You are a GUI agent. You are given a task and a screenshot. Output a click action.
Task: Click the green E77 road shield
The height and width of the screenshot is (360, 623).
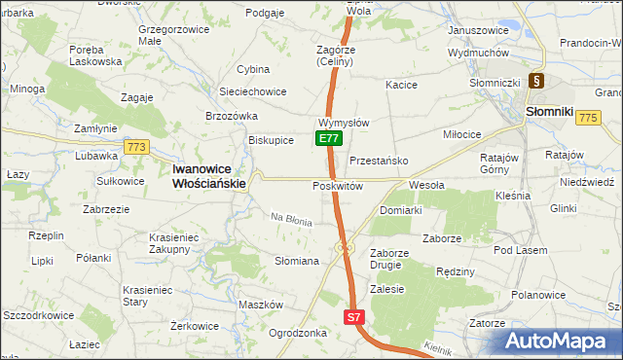coord(328,139)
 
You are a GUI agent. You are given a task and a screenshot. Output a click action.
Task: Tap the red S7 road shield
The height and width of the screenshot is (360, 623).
coord(354,317)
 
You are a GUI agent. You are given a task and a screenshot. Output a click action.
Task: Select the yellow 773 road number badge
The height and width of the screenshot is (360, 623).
coord(135,147)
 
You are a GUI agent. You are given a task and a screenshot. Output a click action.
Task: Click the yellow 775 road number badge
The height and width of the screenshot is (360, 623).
coord(586,117)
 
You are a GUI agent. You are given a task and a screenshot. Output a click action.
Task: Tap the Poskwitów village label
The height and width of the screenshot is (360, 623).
coord(337,186)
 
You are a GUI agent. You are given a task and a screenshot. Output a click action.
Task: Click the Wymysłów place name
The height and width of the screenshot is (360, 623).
coord(343,124)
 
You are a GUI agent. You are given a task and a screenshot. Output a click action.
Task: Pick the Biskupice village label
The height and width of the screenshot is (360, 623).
coord(271,140)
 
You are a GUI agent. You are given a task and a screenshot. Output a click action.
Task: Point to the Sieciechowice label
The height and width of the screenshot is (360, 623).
coord(252,91)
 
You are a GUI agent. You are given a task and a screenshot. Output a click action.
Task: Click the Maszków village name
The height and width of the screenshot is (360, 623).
coord(260,305)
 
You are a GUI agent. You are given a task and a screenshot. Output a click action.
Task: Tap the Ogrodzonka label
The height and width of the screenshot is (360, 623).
coord(297,333)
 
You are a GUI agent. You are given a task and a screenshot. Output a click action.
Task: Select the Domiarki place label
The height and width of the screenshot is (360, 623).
coord(400,210)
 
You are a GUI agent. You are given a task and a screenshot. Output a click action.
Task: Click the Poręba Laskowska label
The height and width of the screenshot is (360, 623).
coord(95,54)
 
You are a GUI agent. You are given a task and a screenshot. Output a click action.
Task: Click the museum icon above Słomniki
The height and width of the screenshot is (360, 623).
coord(535,83)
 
